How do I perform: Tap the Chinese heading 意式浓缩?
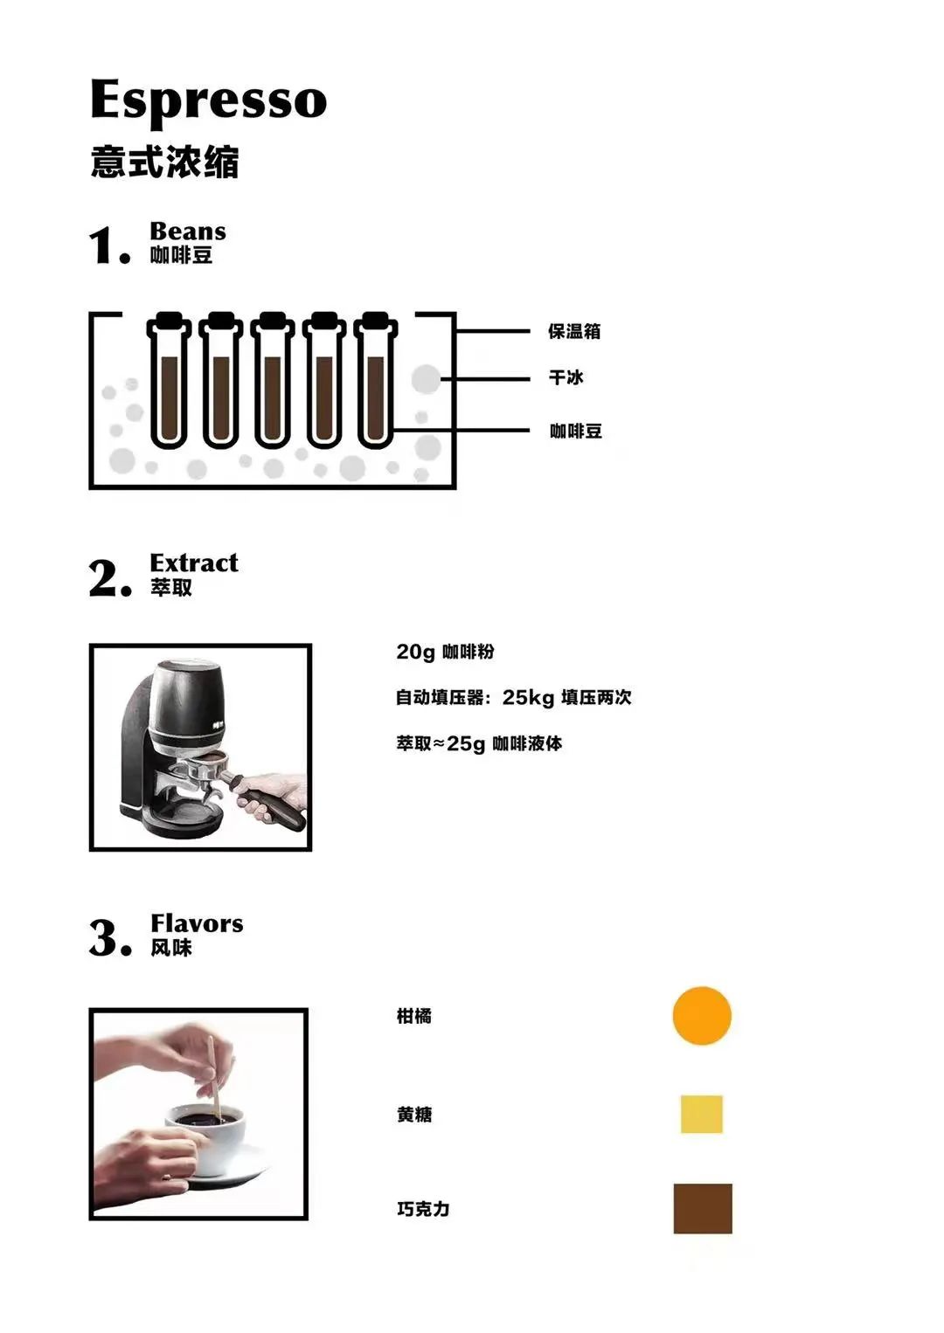(x=165, y=162)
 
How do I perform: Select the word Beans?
(x=188, y=231)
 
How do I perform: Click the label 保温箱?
(x=574, y=331)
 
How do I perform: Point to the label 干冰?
(x=566, y=377)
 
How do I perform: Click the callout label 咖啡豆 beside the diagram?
(x=575, y=431)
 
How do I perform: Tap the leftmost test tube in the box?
(x=170, y=380)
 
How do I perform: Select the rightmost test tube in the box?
(x=376, y=380)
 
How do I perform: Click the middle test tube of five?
(x=273, y=380)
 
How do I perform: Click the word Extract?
(x=194, y=563)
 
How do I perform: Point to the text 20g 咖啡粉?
(x=446, y=653)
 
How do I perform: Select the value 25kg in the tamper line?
(x=528, y=697)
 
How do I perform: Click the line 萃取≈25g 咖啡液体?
(x=480, y=744)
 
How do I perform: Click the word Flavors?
(x=198, y=923)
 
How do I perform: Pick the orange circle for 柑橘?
(x=702, y=1016)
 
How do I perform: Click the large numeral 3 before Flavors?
(x=105, y=937)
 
